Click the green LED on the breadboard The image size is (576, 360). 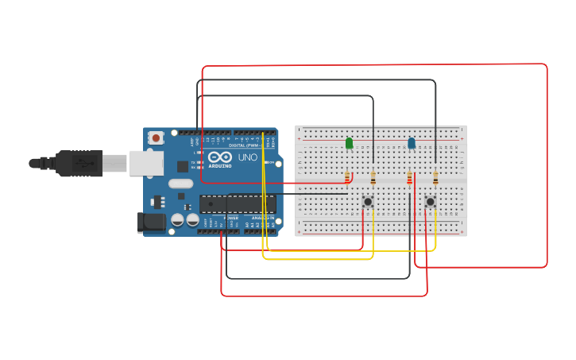[349, 143]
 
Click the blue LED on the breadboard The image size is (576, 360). [411, 143]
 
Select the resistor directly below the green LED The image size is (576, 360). [347, 177]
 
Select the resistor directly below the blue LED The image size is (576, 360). [410, 178]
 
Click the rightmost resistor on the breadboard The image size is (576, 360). [435, 177]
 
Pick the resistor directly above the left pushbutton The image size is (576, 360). [373, 177]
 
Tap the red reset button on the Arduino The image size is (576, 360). [156, 137]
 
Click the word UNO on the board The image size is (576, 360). [248, 157]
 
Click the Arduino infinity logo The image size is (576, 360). [220, 157]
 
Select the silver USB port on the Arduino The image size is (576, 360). [145, 163]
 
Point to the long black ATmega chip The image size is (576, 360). [238, 203]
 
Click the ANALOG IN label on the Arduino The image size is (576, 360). [263, 217]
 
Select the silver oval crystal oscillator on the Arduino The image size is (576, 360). [180, 184]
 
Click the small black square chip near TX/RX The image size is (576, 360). [183, 166]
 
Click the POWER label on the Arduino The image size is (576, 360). [231, 217]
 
